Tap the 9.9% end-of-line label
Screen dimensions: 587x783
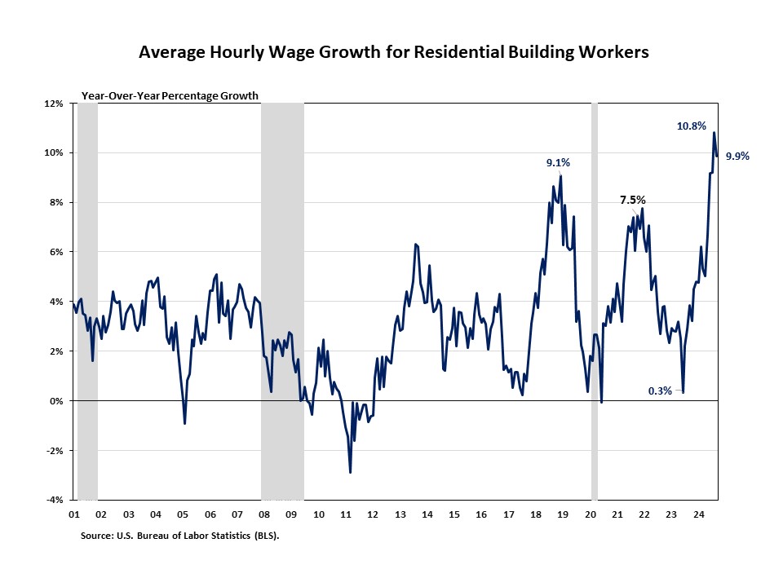[x=737, y=157]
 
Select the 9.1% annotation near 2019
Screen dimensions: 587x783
[x=558, y=163]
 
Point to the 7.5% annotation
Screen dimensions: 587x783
[x=633, y=199]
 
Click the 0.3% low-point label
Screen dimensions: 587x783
[x=660, y=391]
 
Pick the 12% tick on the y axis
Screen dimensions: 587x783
[x=54, y=104]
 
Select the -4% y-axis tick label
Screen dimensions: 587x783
[x=54, y=500]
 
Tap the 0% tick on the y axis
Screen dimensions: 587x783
[x=56, y=401]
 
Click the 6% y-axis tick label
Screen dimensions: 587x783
[x=56, y=253]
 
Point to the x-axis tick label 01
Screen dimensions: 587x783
[x=74, y=514]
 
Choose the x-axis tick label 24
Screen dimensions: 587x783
[x=698, y=514]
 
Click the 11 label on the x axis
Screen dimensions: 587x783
[x=346, y=514]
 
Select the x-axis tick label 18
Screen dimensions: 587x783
[x=535, y=514]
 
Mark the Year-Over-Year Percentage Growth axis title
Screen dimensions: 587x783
[x=170, y=95]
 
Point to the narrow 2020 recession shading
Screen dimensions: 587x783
[x=595, y=302]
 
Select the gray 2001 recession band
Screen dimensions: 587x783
[x=87, y=302]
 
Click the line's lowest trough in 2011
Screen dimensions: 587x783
[x=351, y=472]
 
